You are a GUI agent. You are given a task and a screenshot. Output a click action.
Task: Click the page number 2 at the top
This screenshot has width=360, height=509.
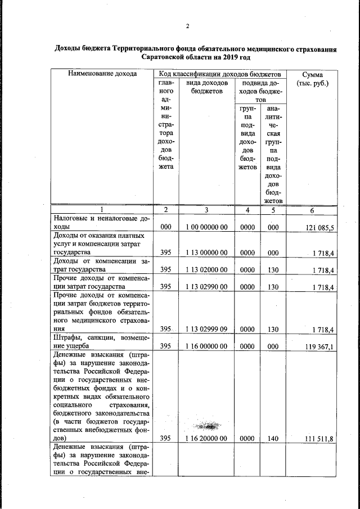click(x=188, y=26)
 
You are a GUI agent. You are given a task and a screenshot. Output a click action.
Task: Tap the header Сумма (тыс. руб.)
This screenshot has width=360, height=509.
click(x=312, y=79)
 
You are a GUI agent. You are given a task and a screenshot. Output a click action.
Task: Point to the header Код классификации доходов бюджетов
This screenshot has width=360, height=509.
click(x=219, y=74)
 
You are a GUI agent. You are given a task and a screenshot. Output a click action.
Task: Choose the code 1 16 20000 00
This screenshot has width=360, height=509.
click(x=206, y=438)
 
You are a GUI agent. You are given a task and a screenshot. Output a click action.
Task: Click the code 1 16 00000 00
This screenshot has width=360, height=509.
click(x=206, y=347)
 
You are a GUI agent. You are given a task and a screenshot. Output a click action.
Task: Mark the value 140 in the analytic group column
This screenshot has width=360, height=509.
click(x=273, y=438)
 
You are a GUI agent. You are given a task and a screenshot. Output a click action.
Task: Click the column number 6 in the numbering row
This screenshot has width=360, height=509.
click(x=312, y=210)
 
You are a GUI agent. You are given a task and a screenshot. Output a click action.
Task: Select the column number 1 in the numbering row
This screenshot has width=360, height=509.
click(x=102, y=210)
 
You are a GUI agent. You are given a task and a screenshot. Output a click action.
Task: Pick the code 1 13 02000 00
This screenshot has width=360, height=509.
click(x=206, y=270)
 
